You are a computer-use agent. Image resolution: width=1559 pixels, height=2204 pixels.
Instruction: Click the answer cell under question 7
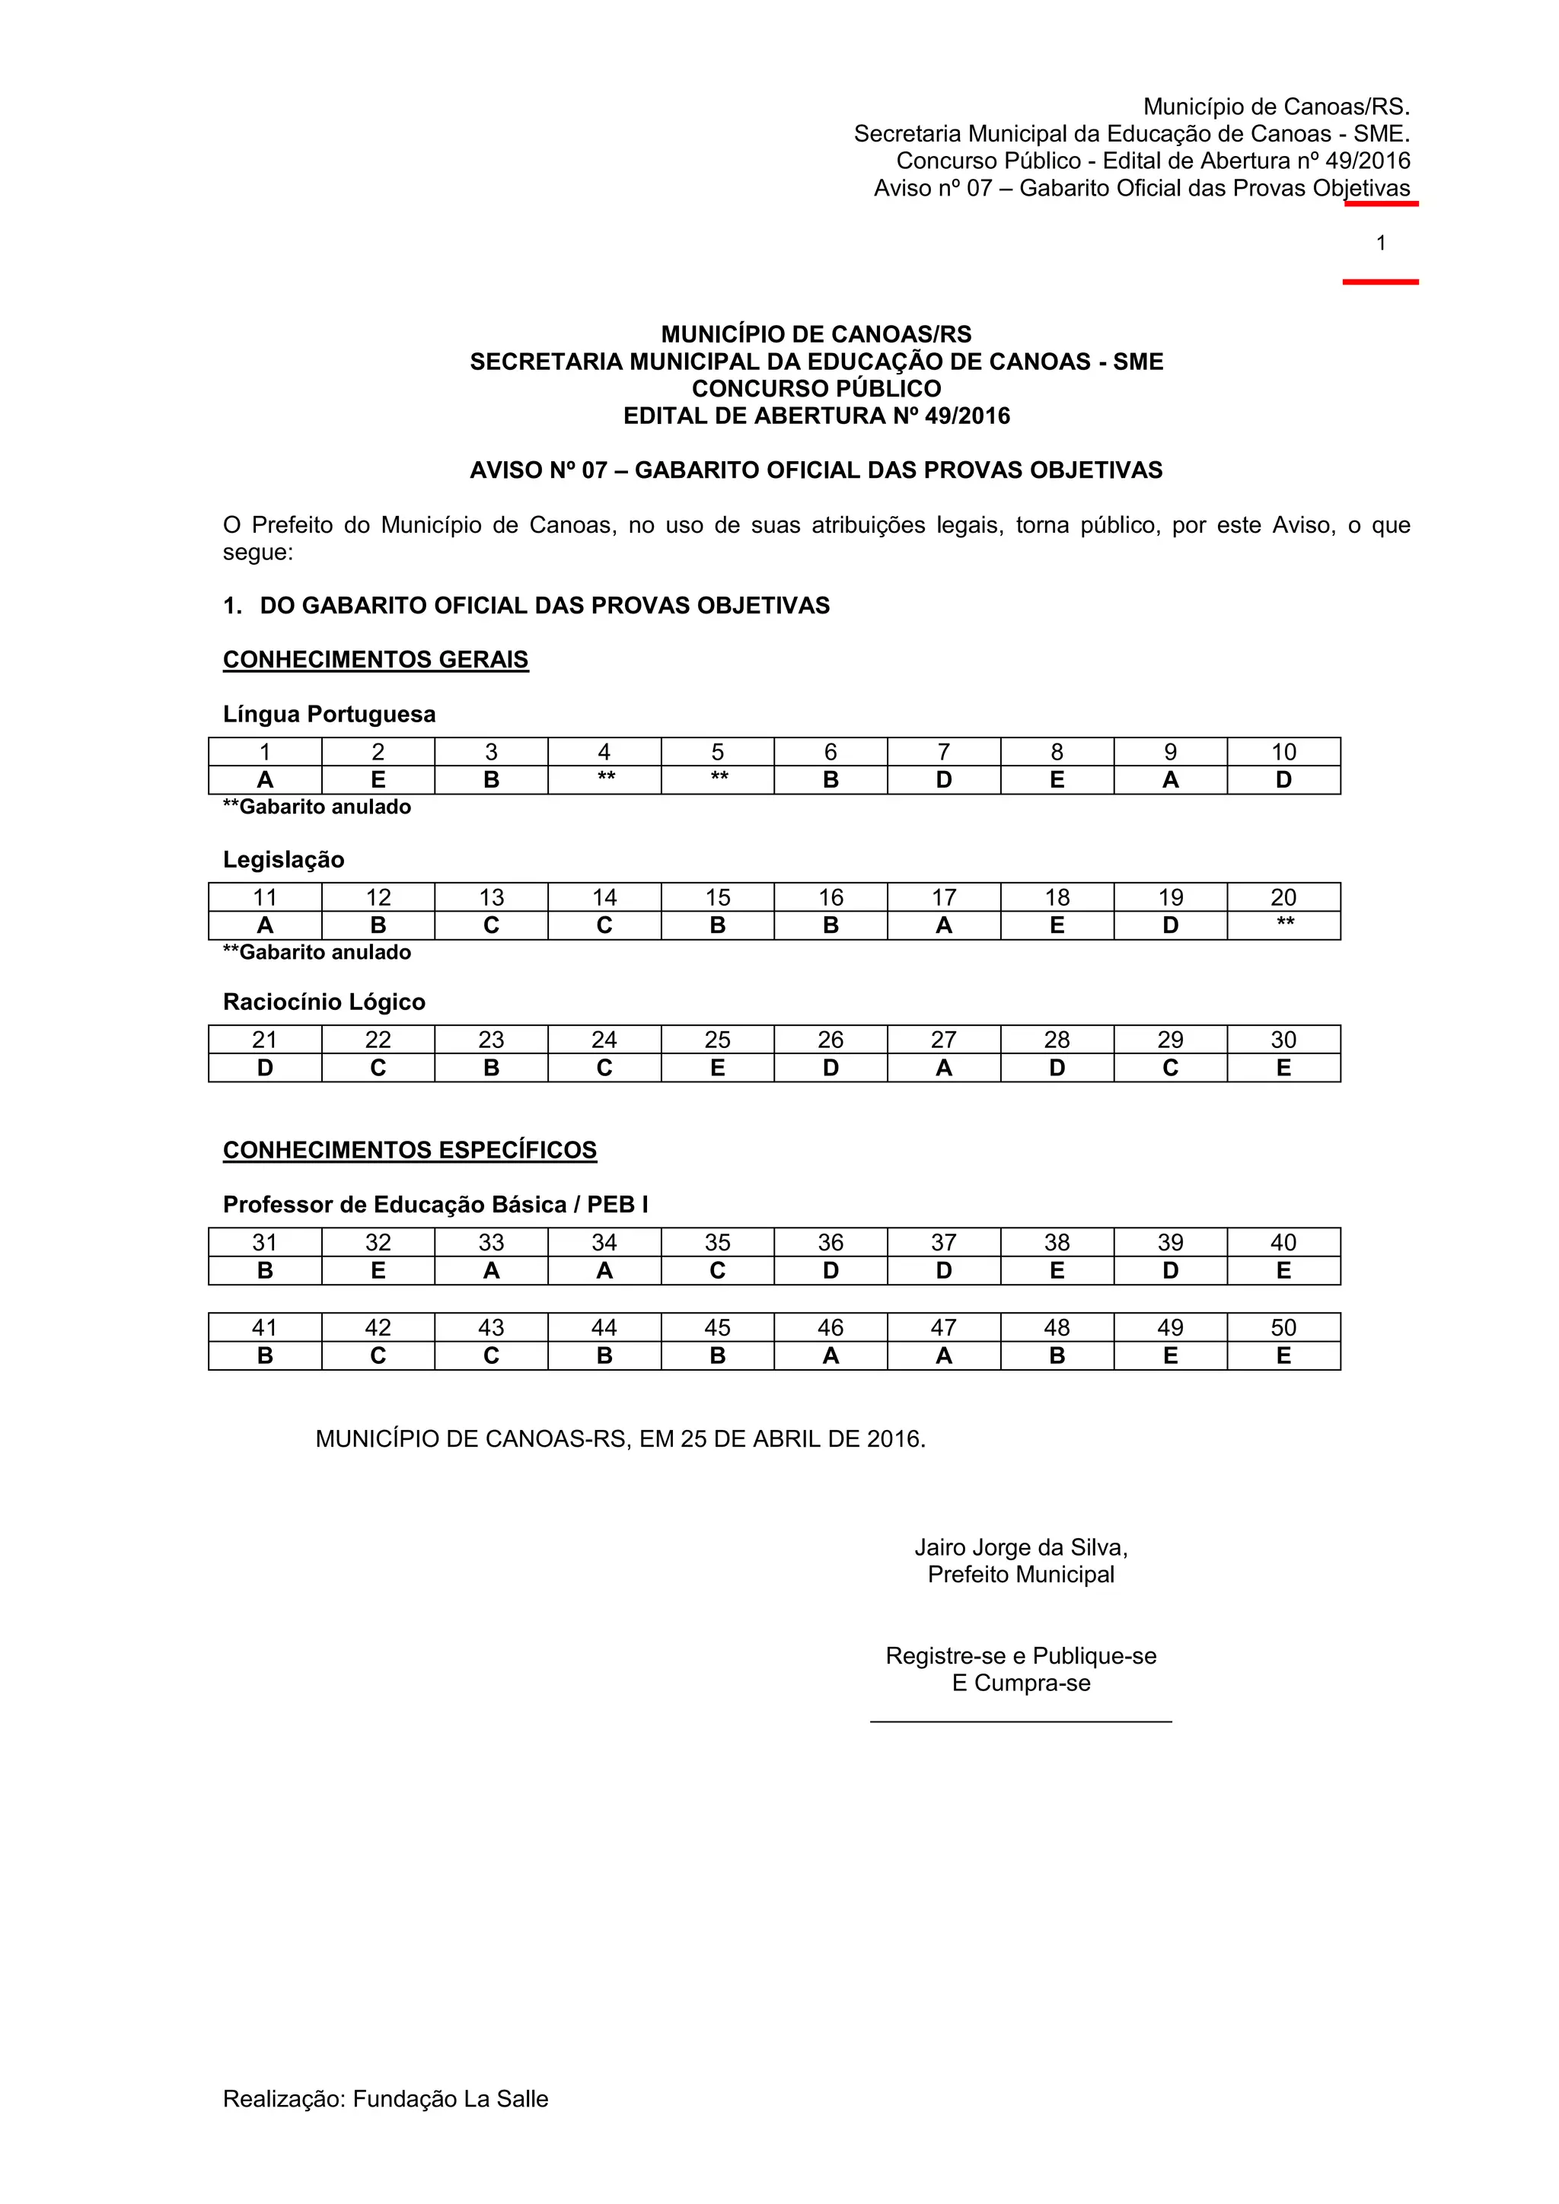944,779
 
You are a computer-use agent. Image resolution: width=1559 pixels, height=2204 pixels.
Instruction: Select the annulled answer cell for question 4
604,779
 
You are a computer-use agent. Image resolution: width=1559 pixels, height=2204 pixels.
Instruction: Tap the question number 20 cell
1283,897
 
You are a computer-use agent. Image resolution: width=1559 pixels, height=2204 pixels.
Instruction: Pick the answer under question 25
717,1068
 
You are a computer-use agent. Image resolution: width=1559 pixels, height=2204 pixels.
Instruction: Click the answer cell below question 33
492,1270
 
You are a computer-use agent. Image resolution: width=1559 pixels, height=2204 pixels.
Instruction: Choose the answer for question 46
831,1355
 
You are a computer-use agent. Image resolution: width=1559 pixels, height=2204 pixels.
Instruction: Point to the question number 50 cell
1283,1327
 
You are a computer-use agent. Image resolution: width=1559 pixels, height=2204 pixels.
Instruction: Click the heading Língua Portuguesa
330,714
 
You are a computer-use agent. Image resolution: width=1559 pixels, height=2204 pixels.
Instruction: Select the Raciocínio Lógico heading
324,1002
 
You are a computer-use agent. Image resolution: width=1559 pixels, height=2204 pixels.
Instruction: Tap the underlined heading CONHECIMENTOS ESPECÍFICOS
410,1150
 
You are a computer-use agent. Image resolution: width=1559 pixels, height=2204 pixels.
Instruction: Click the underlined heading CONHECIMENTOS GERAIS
375,660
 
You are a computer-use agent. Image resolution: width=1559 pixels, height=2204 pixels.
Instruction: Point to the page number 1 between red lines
1380,243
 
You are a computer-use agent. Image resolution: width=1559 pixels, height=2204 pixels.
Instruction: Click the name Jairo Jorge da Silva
1021,1547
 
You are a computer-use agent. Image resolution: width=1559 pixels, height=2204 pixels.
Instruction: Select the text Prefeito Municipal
1021,1575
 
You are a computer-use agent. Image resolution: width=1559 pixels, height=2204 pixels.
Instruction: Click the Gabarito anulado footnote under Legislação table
317,952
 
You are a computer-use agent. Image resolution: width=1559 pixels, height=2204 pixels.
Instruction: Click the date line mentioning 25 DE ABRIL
620,1439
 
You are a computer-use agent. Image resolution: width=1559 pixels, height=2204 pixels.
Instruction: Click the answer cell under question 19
1170,925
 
